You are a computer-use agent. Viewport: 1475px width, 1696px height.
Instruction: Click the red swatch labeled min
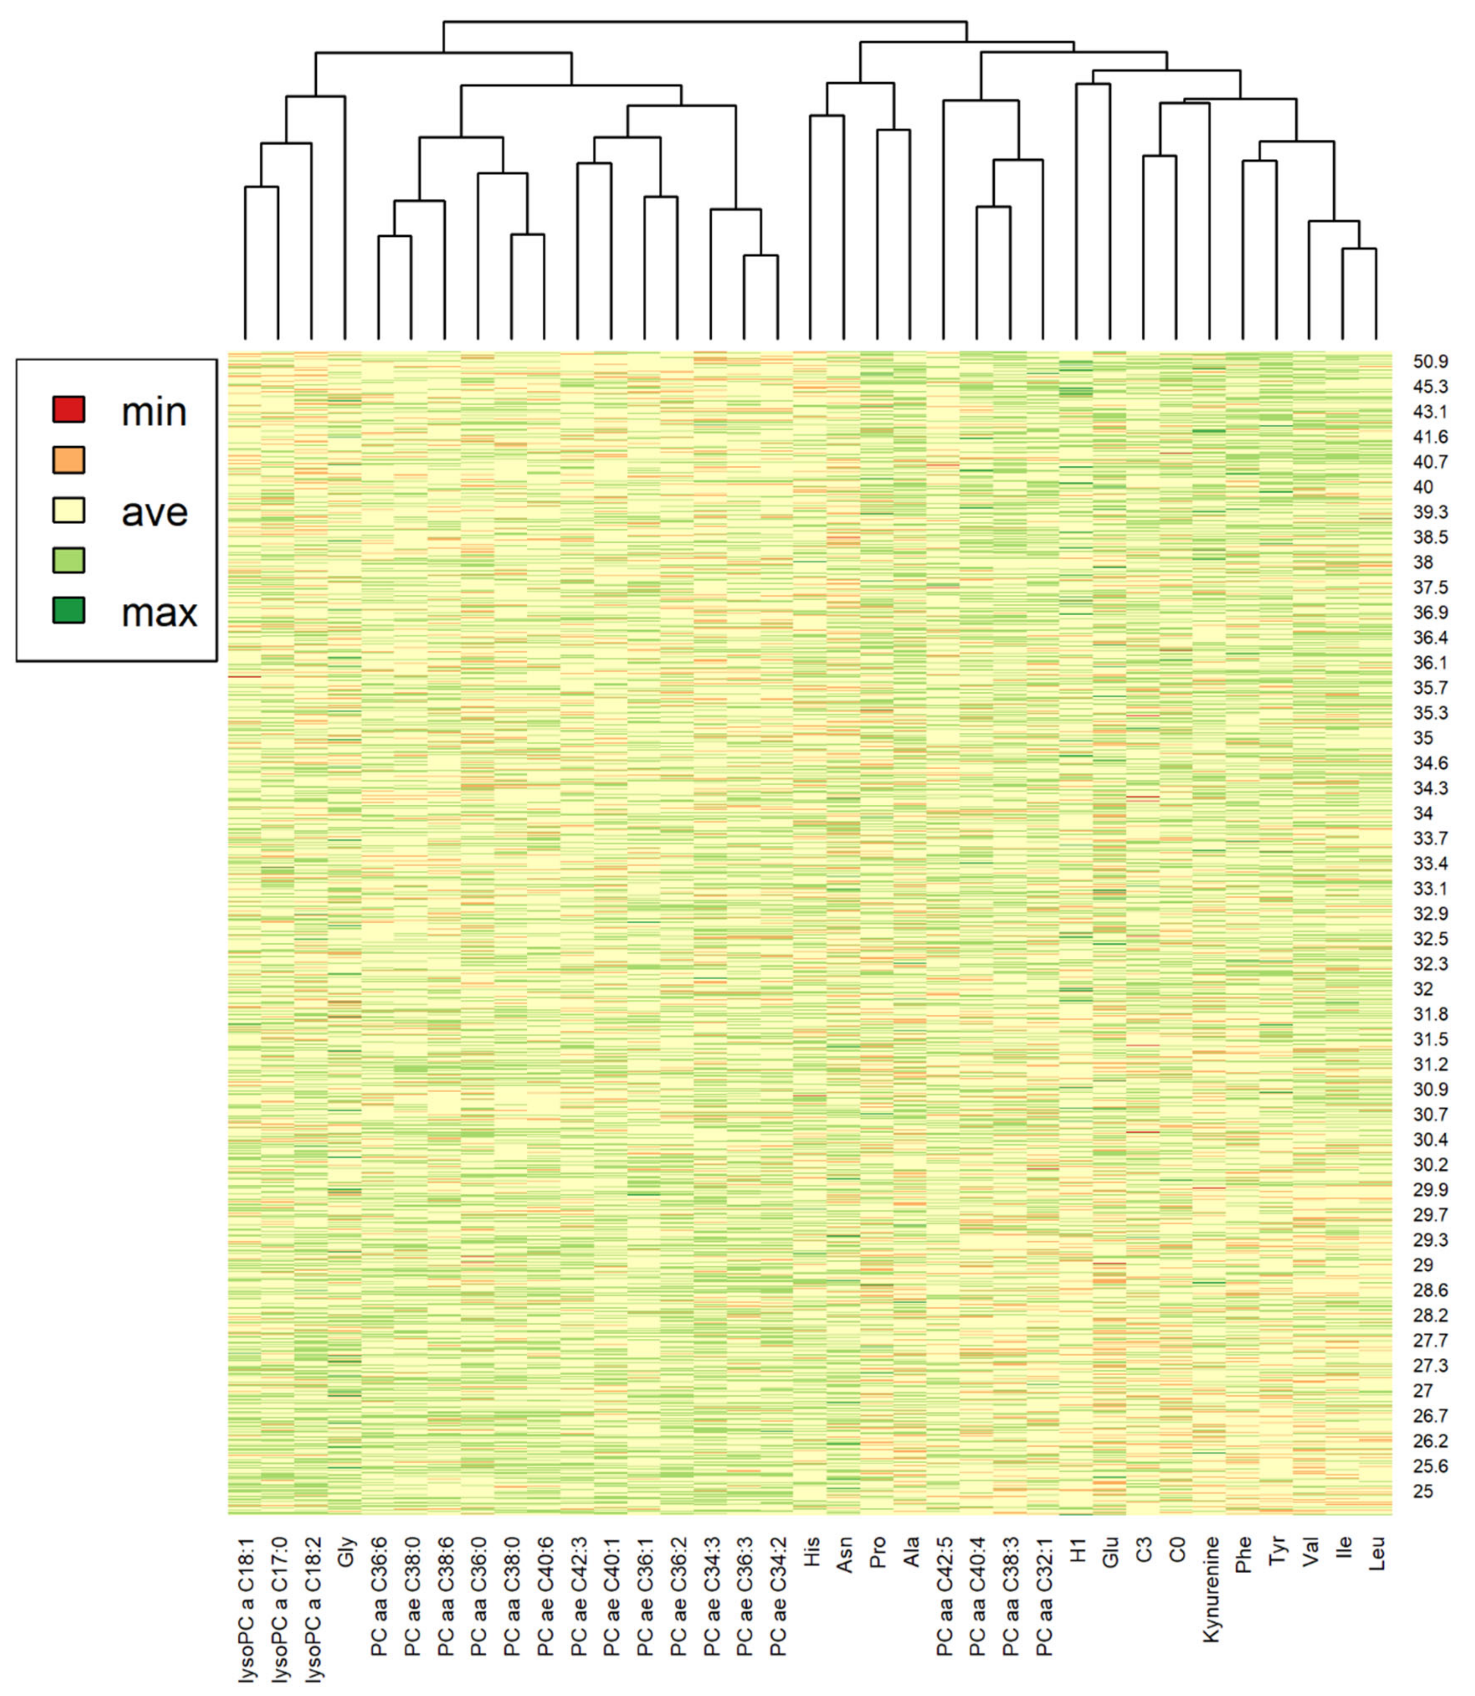coord(69,409)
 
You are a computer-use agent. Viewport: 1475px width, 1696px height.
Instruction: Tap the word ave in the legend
coord(155,512)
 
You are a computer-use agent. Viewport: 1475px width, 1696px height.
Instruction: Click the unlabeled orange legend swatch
coord(69,460)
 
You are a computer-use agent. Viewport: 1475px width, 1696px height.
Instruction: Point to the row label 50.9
coord(1431,361)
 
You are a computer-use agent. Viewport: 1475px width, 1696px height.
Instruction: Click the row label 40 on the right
coord(1423,487)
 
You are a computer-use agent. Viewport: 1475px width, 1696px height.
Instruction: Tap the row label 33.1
coord(1431,888)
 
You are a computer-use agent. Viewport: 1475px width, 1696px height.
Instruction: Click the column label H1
coord(1077,1550)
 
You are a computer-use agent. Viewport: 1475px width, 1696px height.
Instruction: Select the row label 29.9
coord(1431,1190)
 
